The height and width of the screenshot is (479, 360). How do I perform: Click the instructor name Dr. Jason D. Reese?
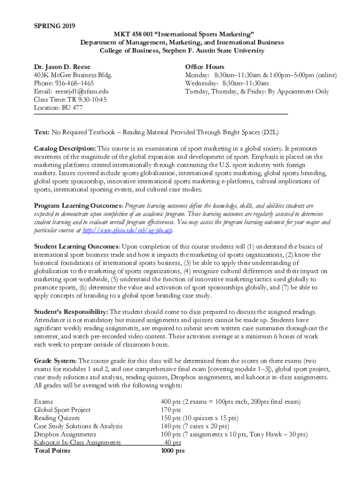point(62,67)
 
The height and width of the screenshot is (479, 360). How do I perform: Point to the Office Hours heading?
point(204,67)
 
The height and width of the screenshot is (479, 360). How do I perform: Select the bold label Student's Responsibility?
point(71,312)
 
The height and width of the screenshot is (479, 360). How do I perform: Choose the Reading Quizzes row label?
point(57,418)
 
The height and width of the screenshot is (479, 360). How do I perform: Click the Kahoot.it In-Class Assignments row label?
point(77,443)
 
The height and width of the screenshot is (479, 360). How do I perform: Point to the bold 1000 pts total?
point(173,450)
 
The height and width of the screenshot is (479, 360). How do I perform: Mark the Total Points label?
point(52,450)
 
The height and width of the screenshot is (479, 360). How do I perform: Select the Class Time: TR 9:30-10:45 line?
point(70,100)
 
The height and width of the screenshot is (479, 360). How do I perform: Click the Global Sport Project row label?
point(62,410)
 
